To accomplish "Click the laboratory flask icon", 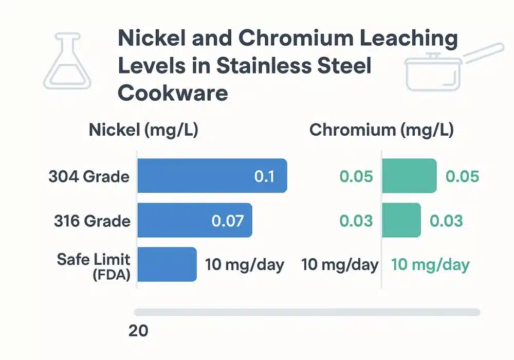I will [x=67, y=60].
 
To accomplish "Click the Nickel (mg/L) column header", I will [x=143, y=130].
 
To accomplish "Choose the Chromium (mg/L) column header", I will [x=381, y=130].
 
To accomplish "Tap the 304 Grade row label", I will [x=89, y=176].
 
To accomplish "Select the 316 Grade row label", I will [x=92, y=221].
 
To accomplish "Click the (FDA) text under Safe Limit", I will [x=112, y=275].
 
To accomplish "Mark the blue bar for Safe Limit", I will [x=168, y=264].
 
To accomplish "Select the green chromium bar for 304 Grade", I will [x=409, y=176].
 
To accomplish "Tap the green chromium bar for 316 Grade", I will [x=401, y=220].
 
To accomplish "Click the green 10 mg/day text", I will [x=430, y=265].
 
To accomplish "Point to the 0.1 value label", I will [x=264, y=176].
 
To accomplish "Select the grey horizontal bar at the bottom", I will [x=307, y=312].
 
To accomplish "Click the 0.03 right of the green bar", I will [x=446, y=221].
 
